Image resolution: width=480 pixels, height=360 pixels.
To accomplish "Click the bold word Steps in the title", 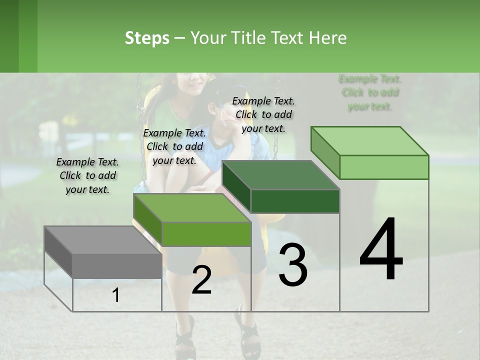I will click(x=147, y=38).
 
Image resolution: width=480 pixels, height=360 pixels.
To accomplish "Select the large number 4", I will click(x=381, y=249).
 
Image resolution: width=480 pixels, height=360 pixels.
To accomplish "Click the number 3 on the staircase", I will click(x=293, y=265).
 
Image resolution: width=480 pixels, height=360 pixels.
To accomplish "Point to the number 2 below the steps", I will click(x=201, y=280).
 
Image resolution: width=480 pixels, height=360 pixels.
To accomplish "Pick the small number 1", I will click(x=116, y=295).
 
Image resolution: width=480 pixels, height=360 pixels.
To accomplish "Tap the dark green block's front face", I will click(x=295, y=201).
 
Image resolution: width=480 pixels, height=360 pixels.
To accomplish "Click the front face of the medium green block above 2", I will click(x=206, y=234).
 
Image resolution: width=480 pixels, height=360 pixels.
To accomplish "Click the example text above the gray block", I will click(x=87, y=175).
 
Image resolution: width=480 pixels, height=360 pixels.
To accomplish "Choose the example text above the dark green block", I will click(x=263, y=114).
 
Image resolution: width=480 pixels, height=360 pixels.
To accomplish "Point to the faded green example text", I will click(x=370, y=92).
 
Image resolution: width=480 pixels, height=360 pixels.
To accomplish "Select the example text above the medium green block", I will click(x=174, y=146).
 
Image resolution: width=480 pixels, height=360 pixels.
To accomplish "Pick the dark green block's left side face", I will click(x=236, y=187).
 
